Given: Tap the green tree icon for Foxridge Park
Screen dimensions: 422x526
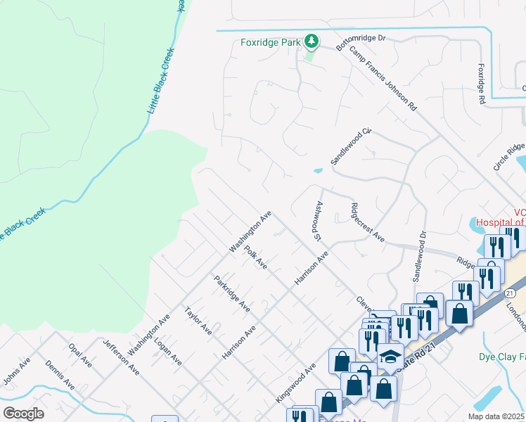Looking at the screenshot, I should [x=311, y=42].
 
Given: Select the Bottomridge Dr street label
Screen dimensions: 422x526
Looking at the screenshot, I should [x=361, y=41].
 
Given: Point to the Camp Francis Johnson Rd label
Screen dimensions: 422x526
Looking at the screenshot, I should [x=383, y=79].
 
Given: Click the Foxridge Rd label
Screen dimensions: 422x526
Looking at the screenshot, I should [x=482, y=84].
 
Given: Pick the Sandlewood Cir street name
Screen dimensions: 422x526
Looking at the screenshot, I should [x=351, y=146].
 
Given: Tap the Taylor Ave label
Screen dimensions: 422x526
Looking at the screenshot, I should [x=198, y=321].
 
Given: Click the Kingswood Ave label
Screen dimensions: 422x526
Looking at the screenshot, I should [x=295, y=383].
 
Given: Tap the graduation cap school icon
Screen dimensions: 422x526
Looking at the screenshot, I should [x=390, y=356].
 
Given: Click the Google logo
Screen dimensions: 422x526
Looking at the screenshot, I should [x=23, y=414].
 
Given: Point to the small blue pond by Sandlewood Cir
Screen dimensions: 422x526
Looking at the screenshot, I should [x=318, y=170].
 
